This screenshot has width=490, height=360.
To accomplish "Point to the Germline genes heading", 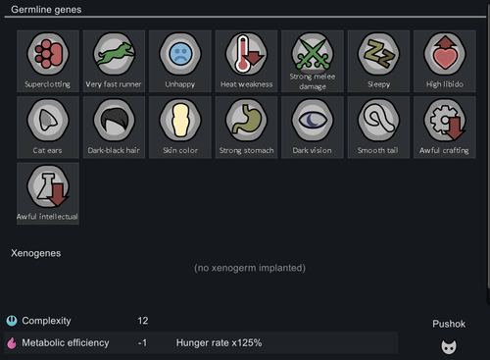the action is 46,9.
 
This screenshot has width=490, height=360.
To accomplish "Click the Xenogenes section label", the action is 35,253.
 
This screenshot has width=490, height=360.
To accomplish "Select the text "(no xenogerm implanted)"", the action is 249,268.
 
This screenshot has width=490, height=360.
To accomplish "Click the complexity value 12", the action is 143,321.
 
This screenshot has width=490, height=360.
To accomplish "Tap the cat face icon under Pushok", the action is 448,345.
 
